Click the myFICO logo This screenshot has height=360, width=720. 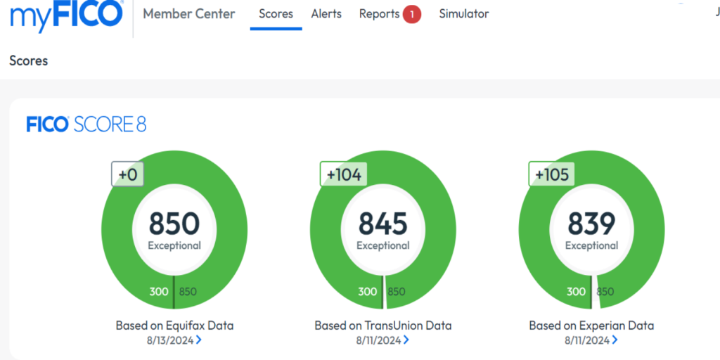tap(67, 15)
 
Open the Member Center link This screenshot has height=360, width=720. tap(189, 14)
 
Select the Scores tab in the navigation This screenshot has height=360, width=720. tap(276, 14)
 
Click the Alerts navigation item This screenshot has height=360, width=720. tap(326, 14)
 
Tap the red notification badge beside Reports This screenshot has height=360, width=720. tap(412, 14)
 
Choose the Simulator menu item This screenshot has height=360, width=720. tap(464, 14)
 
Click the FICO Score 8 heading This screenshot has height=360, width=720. tap(86, 125)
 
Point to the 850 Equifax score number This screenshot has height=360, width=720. tap(174, 224)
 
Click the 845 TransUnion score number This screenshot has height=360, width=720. tap(383, 224)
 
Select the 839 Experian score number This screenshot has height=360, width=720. tap(591, 224)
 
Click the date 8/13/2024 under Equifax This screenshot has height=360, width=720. tap(170, 340)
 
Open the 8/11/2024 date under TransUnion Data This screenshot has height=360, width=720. tap(379, 340)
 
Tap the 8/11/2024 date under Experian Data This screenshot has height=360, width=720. tap(588, 340)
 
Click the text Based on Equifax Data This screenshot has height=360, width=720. tap(174, 326)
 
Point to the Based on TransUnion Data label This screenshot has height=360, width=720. tap(383, 326)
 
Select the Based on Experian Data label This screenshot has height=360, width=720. tap(591, 326)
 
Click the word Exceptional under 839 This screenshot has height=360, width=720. tap(591, 246)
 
